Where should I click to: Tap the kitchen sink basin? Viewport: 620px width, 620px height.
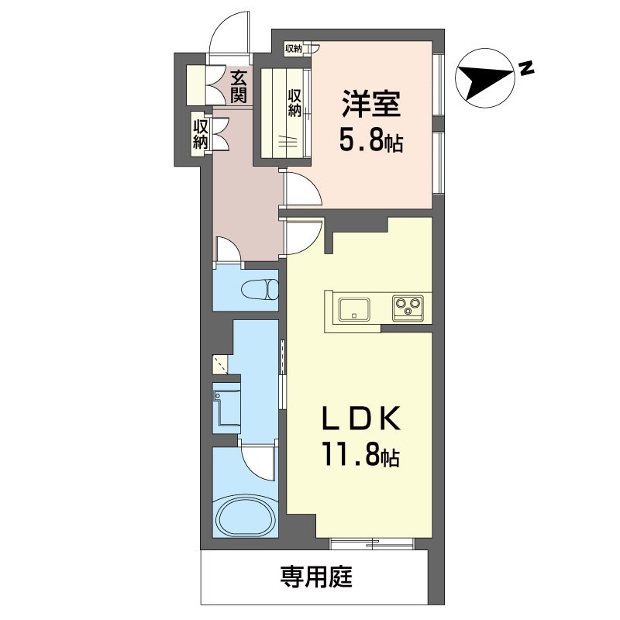pos(354,308)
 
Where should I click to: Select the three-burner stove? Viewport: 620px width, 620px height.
pos(408,308)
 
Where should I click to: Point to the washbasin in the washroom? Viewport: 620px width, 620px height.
pos(226,408)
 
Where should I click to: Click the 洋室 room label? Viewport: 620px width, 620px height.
pos(372,104)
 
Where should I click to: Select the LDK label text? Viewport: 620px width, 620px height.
pos(361,418)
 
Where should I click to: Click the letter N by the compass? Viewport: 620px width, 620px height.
pos(526,68)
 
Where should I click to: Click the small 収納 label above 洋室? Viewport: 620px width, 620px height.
pos(294,49)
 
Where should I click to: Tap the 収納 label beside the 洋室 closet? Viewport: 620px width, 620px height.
pos(294,103)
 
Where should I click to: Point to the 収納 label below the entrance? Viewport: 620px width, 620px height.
pos(200,135)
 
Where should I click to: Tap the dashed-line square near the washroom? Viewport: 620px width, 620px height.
pos(221,364)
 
